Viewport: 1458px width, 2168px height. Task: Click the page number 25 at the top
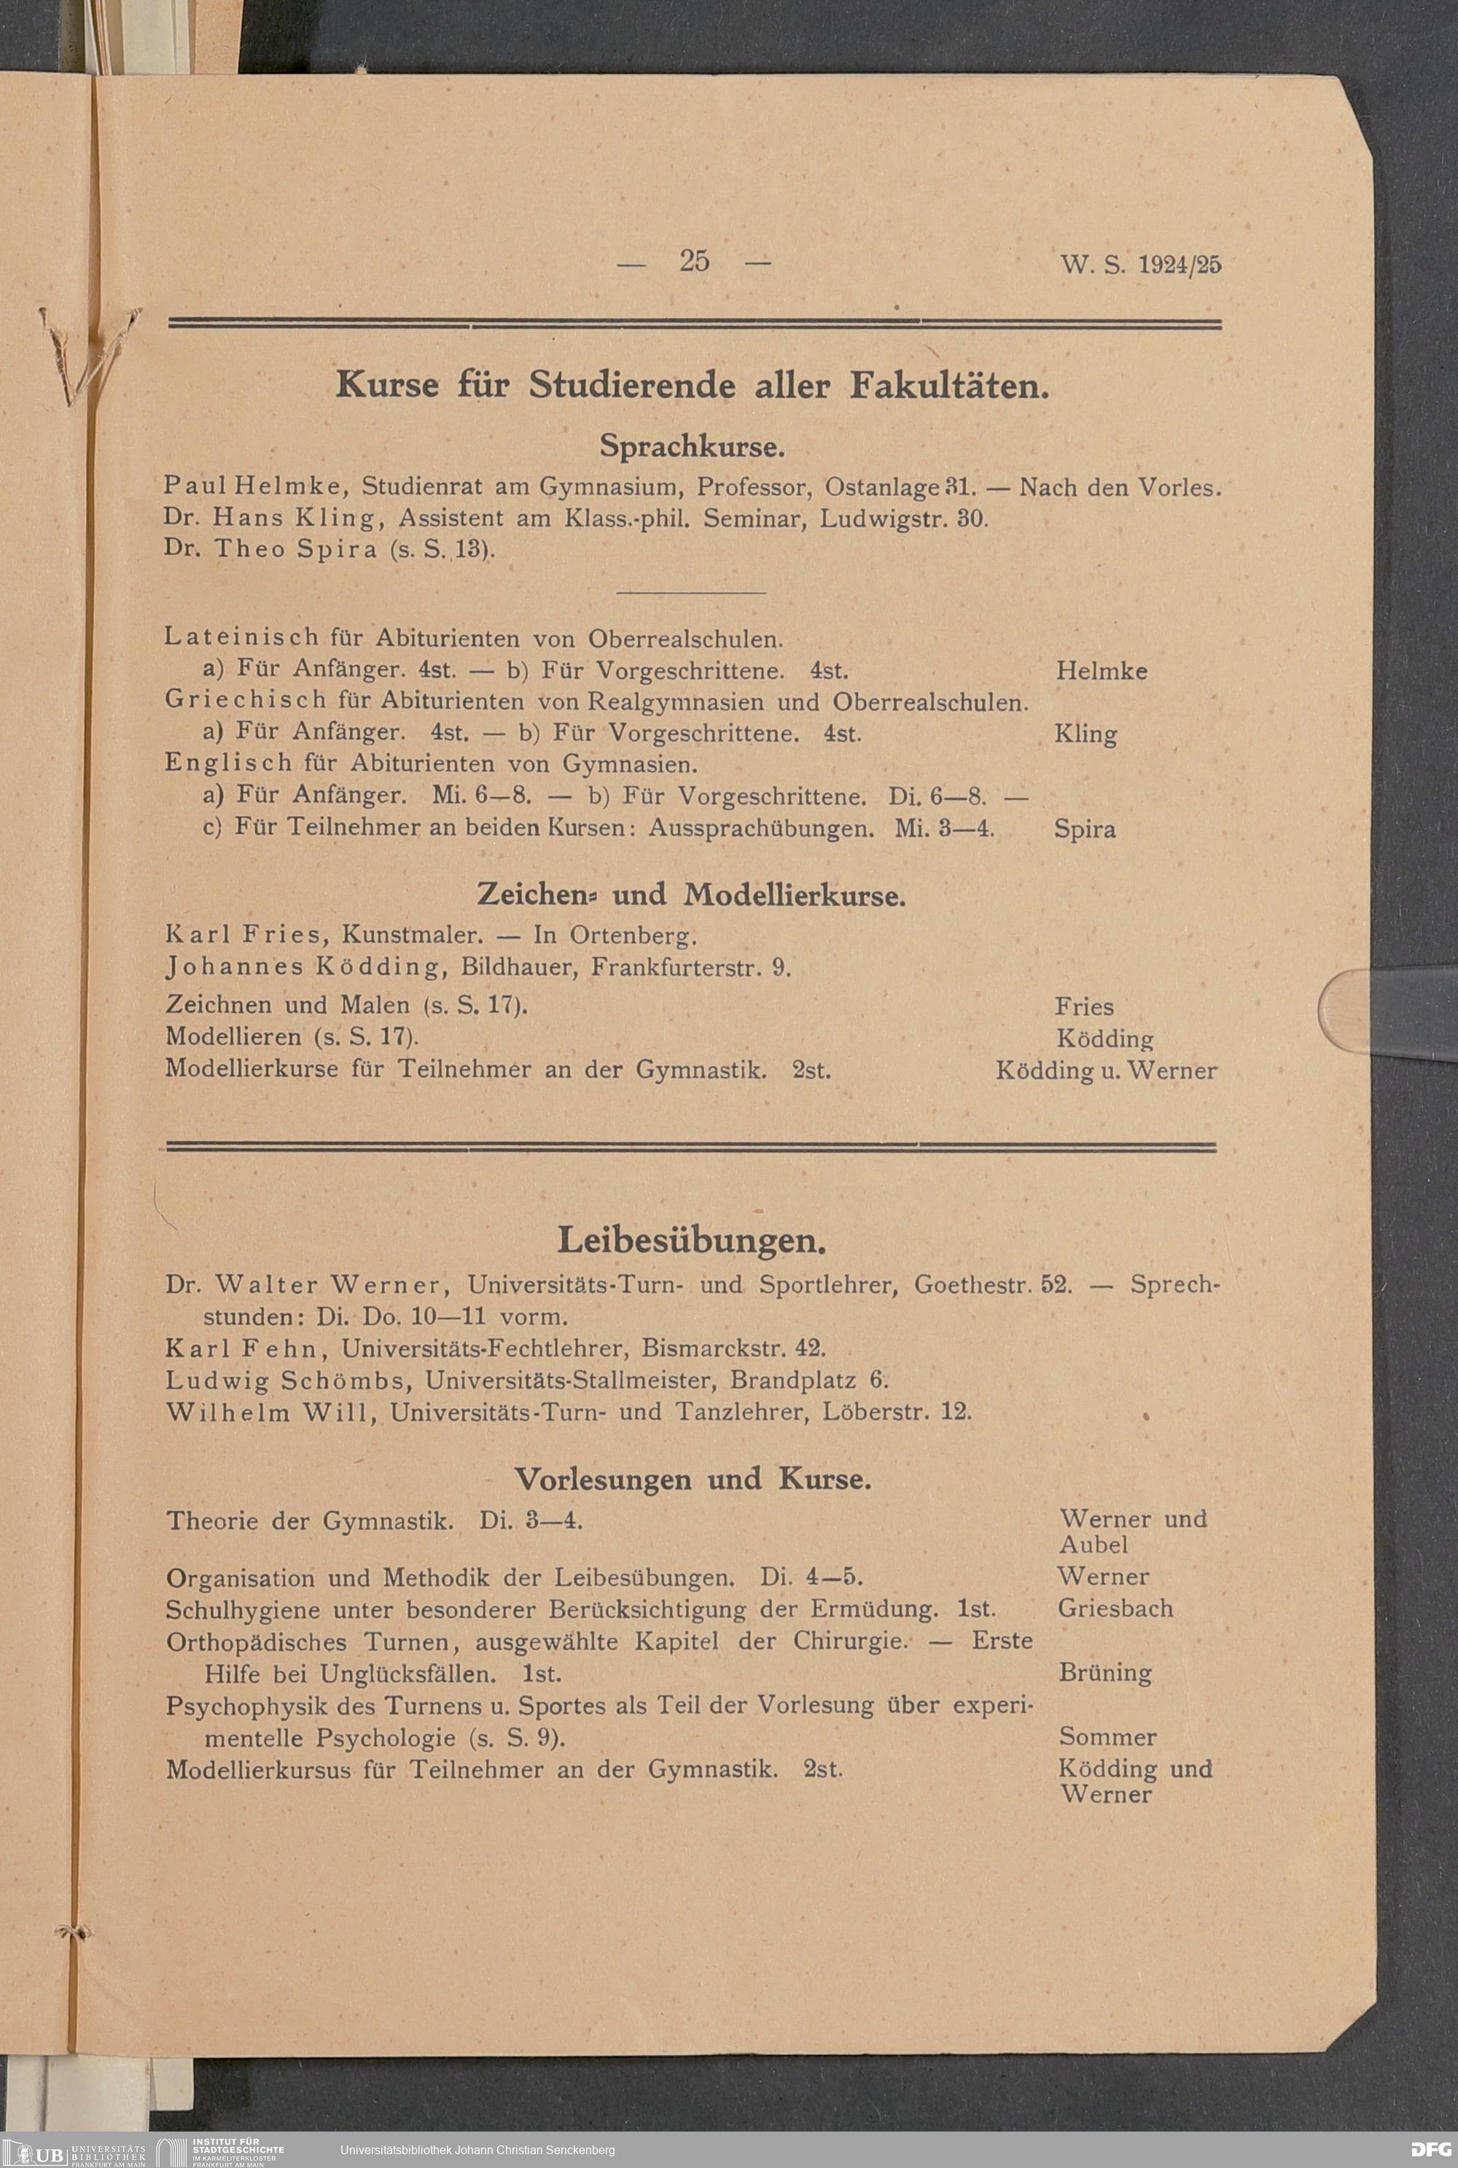(x=694, y=261)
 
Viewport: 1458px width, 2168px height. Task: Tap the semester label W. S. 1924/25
(x=1140, y=265)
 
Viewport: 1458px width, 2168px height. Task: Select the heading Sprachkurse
(x=692, y=446)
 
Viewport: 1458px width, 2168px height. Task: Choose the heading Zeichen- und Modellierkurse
(x=691, y=895)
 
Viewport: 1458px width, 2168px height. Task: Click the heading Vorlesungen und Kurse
(x=693, y=1479)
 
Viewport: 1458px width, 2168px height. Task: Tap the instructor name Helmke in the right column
(x=1101, y=672)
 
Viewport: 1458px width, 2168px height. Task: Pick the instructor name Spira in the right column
(x=1084, y=830)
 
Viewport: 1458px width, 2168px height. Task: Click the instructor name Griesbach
(x=1115, y=1608)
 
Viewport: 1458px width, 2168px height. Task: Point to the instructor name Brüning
(x=1104, y=1672)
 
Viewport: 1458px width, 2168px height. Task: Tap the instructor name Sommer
(x=1107, y=1736)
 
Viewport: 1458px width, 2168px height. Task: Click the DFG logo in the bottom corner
(x=1430, y=2149)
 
